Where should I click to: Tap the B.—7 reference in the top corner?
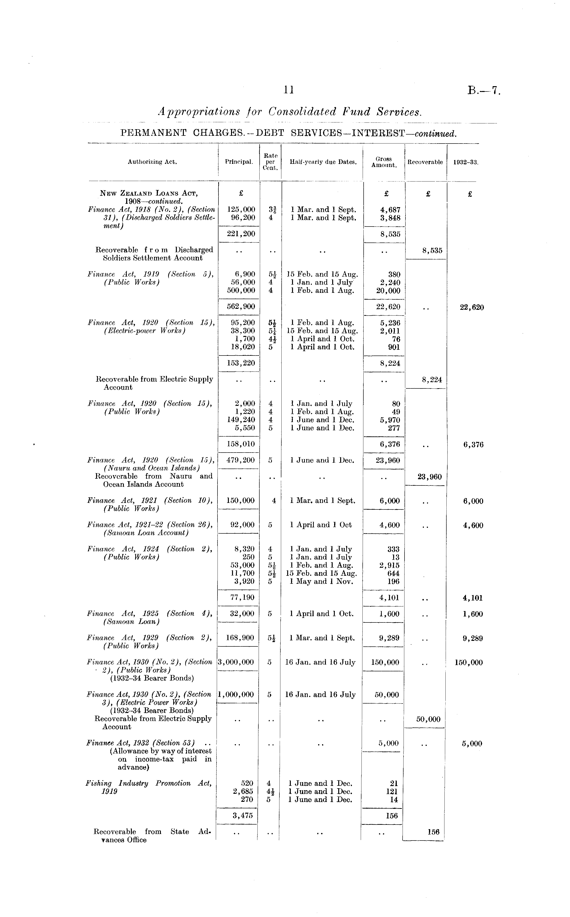click(484, 91)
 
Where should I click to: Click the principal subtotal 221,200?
click(241, 234)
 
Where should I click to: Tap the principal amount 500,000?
click(241, 291)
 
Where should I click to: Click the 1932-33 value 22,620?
click(472, 307)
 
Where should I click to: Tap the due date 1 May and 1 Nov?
click(321, 581)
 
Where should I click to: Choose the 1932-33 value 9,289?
click(473, 638)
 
